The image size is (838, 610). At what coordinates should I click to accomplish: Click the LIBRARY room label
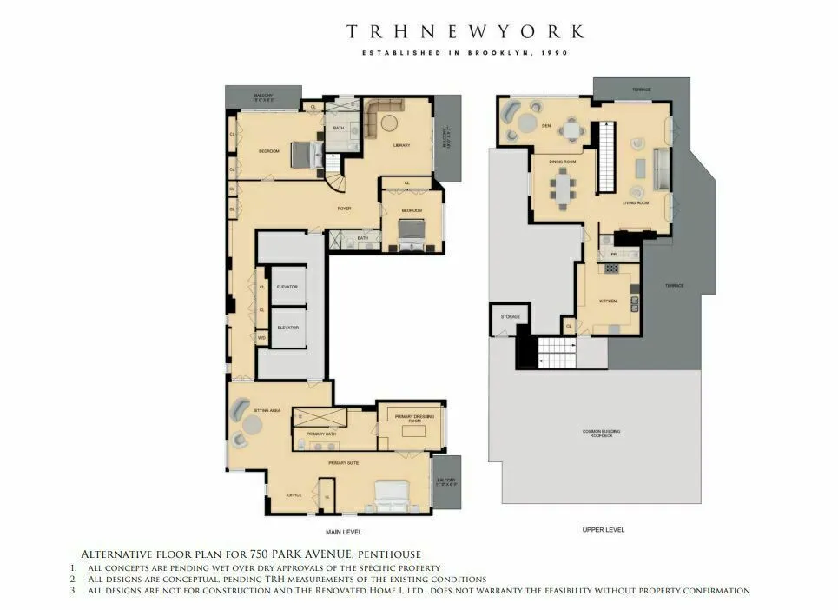pos(400,145)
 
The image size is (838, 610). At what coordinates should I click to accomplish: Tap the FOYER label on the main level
pos(344,209)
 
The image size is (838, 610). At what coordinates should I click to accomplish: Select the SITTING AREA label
pos(266,408)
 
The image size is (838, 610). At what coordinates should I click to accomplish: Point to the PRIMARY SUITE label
pos(344,463)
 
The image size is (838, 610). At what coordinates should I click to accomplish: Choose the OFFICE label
pos(294,494)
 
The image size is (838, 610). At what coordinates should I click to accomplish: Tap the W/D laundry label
pos(261,337)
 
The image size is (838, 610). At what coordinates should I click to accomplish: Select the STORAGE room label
pos(510,317)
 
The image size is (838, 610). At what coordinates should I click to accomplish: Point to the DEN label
pos(546,125)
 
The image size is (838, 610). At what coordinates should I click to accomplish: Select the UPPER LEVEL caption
pos(603,529)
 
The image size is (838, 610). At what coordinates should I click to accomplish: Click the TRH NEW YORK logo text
pos(465,32)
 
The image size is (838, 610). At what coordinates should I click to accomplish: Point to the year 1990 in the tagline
pos(553,54)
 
